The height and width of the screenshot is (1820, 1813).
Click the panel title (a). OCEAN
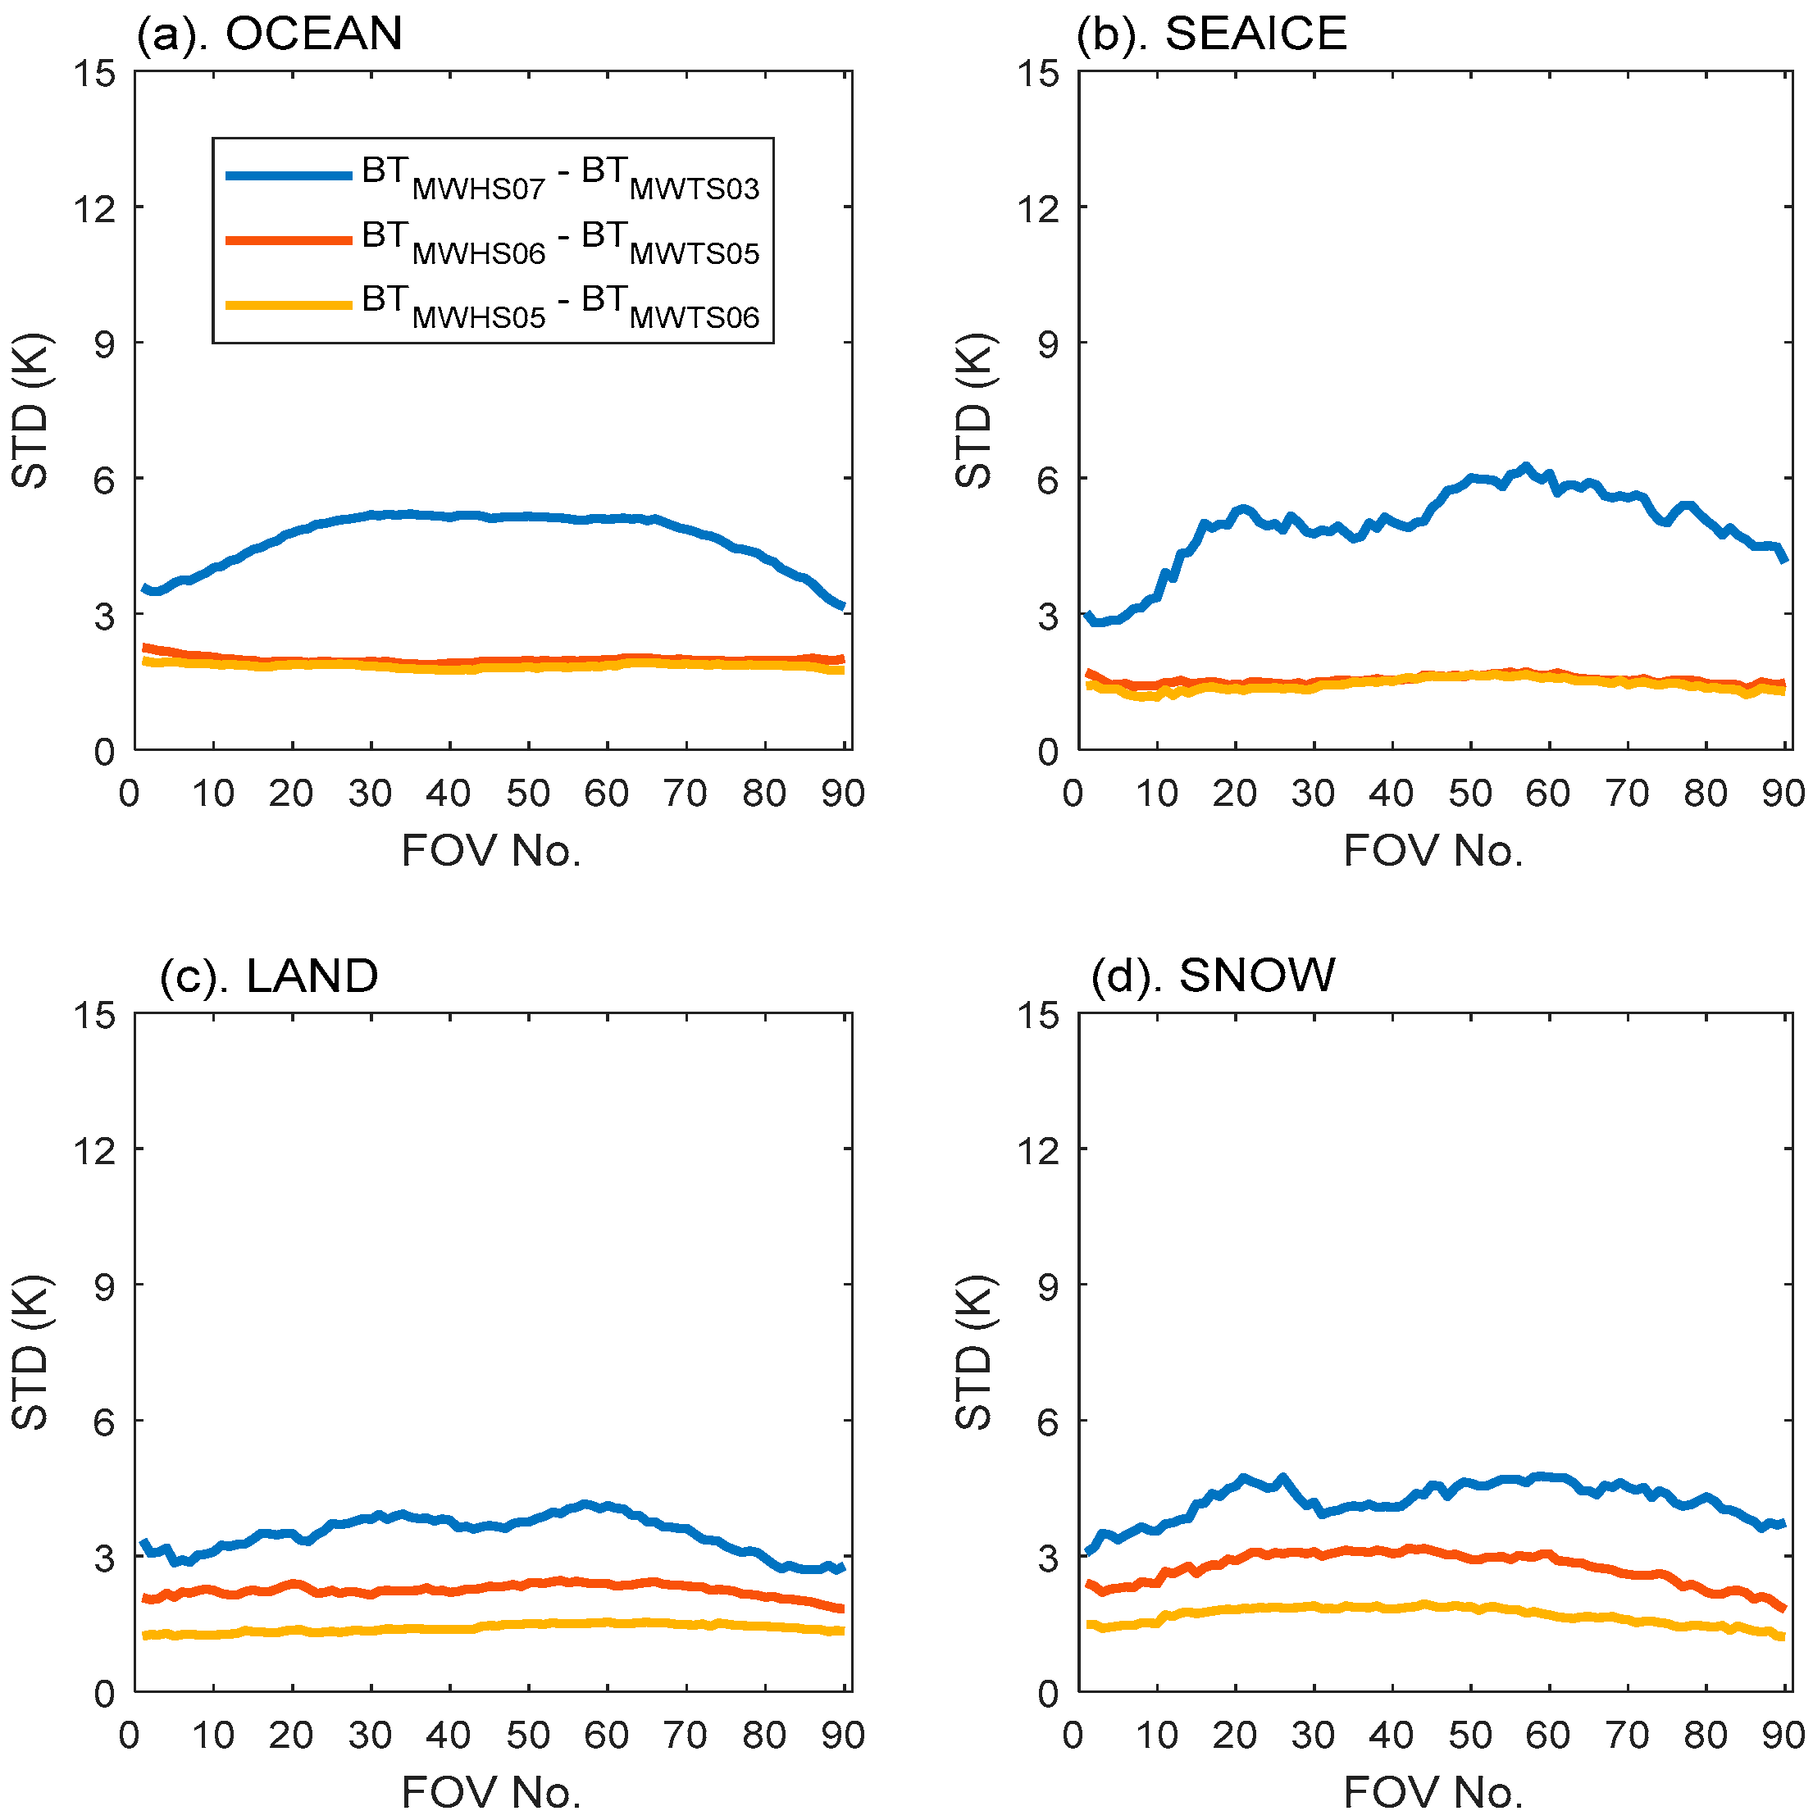tap(270, 34)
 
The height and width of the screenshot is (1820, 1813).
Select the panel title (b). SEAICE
tap(1212, 34)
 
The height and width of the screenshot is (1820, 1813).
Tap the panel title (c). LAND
tap(270, 976)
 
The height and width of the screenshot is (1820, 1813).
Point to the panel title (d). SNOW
tap(1214, 975)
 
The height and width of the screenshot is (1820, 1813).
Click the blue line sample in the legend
tap(289, 175)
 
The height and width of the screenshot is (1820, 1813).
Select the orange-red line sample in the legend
tap(289, 240)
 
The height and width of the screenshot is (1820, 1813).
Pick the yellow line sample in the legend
tap(289, 304)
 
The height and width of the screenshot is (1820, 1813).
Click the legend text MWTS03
tap(695, 189)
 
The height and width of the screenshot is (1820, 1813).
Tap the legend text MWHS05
tap(479, 317)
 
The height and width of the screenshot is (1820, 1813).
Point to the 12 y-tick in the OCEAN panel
tap(95, 208)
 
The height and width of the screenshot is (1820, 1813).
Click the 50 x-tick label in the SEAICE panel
tap(1470, 794)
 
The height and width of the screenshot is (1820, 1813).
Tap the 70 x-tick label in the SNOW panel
tap(1628, 1736)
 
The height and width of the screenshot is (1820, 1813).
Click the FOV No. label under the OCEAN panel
tap(491, 852)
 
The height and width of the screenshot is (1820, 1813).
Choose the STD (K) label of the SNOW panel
tap(975, 1354)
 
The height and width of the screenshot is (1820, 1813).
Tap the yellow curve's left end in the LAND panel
tap(145, 1636)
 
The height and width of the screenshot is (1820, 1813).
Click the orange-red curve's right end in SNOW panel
tap(1783, 1608)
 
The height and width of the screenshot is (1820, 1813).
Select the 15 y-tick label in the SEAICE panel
tap(1037, 74)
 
